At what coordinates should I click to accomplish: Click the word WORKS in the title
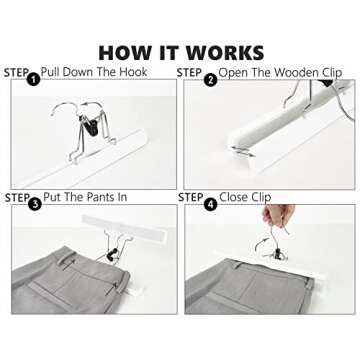click(x=225, y=53)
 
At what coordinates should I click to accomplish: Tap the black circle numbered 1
click(x=33, y=79)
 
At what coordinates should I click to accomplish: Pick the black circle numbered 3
click(x=35, y=204)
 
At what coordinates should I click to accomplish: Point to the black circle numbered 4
click(x=210, y=204)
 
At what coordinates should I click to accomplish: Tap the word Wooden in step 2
click(x=294, y=73)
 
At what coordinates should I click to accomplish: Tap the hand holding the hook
click(x=279, y=215)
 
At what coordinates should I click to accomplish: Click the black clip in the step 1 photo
click(x=90, y=125)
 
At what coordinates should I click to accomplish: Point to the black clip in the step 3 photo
click(x=112, y=254)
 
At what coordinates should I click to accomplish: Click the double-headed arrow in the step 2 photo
click(x=243, y=151)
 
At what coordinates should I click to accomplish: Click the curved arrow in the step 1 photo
click(x=91, y=105)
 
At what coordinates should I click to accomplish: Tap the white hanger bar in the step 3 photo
click(x=124, y=228)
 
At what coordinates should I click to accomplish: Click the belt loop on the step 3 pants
click(x=66, y=258)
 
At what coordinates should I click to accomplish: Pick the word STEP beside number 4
click(x=191, y=198)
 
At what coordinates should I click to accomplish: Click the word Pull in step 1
click(x=50, y=72)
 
